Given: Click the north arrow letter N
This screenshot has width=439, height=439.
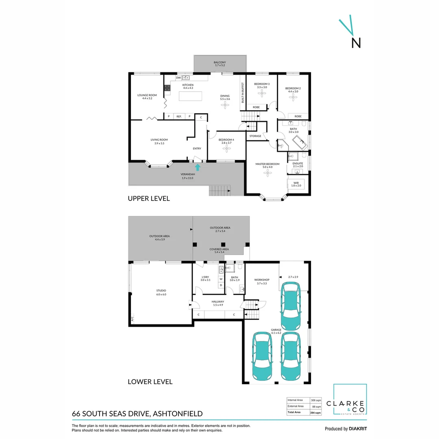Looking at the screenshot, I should point(356,43).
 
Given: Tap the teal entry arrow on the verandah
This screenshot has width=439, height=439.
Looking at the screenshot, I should point(198,167).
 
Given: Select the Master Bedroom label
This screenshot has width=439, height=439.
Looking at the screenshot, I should point(267,164).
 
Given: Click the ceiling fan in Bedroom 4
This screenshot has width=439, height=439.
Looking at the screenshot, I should point(226,148).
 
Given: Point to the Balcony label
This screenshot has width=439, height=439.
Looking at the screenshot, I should point(219,63).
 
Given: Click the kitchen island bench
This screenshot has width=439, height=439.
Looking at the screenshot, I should point(191,96).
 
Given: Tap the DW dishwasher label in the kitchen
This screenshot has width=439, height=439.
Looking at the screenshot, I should point(178,77).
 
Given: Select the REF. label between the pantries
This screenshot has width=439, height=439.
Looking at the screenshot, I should point(179,117).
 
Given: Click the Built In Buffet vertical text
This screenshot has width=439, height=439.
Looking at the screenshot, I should point(243,92).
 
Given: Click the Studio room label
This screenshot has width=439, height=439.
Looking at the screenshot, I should point(161,291).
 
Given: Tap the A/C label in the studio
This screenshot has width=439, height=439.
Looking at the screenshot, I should point(132,318).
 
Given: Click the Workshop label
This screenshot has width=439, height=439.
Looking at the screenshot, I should point(262,280).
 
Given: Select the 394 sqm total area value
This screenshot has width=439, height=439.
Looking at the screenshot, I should point(315,413).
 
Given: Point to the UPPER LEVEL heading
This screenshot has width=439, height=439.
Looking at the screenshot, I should point(148,199).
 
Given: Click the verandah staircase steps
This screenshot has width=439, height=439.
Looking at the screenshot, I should point(219,190).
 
